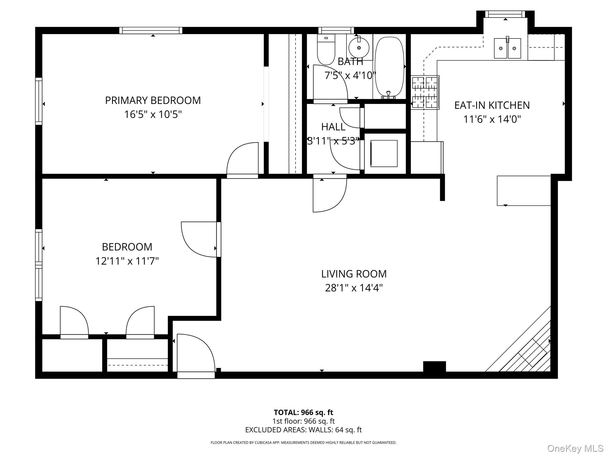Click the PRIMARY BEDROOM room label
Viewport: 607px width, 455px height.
153,100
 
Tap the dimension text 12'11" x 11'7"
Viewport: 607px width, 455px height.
127,261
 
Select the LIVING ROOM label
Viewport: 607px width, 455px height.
354,274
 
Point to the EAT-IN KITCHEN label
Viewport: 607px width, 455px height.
492,105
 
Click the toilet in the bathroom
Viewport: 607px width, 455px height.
326,50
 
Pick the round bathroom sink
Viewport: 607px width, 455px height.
359,47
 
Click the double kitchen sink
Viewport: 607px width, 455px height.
507,48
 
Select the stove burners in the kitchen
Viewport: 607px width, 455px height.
425,92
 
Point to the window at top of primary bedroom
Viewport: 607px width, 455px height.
151,31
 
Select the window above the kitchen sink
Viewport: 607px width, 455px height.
505,14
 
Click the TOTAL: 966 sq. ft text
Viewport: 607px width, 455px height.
303,412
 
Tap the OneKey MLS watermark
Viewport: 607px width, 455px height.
575,448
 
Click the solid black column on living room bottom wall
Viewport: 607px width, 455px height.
434,367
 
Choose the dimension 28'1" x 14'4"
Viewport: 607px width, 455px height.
354,288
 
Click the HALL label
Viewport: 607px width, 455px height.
333,127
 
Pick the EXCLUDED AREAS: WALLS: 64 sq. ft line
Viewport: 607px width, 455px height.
303,430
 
